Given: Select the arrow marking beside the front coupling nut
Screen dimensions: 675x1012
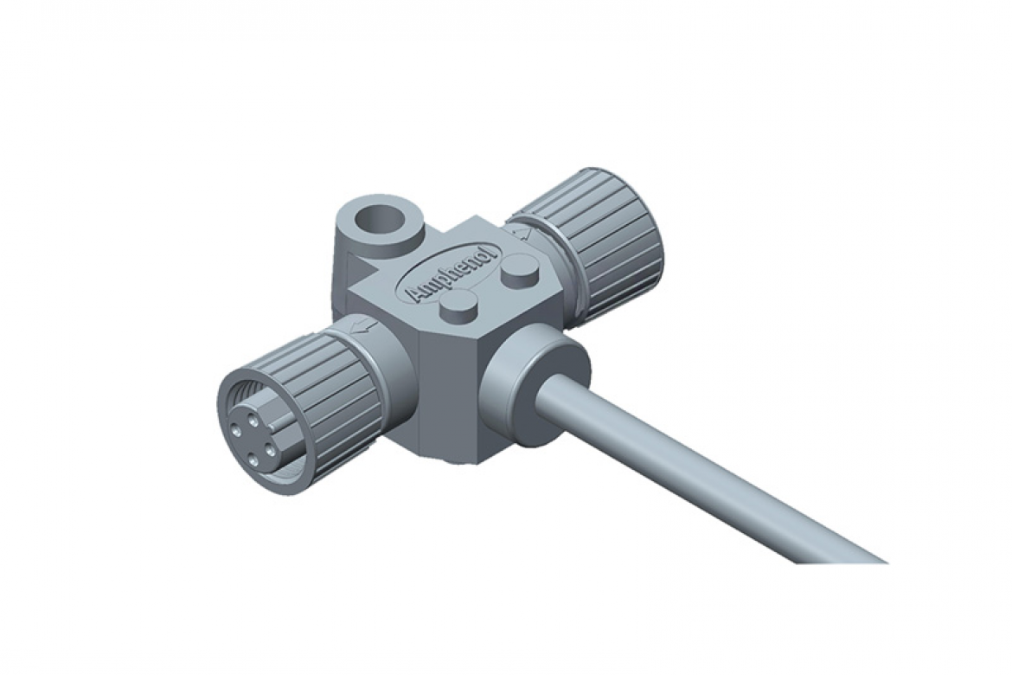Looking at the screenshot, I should click(x=366, y=326).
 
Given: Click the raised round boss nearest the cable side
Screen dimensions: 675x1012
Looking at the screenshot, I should click(x=458, y=307).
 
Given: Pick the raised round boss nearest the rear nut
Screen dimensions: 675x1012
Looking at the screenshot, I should click(x=521, y=272).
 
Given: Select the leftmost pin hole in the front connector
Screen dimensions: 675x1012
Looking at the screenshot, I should click(x=237, y=434).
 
